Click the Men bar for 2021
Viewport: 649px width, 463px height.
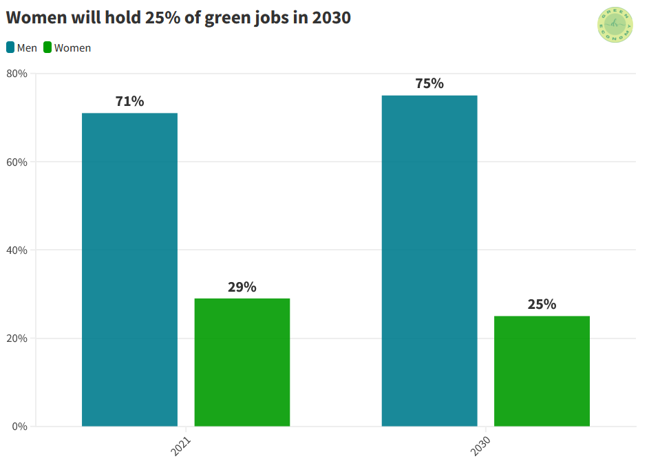click(129, 270)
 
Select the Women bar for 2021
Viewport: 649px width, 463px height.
click(242, 362)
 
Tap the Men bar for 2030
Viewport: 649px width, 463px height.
click(429, 261)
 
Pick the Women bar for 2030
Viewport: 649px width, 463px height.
click(542, 371)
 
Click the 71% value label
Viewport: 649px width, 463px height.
click(129, 102)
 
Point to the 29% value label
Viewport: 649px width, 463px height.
click(242, 287)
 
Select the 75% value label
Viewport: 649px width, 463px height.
click(429, 84)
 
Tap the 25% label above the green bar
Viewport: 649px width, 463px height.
click(542, 304)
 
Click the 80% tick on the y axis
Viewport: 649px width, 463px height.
click(17, 74)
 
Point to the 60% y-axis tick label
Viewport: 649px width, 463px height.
click(17, 162)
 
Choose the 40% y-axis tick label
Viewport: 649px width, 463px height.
click(17, 250)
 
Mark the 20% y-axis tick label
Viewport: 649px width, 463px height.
click(17, 338)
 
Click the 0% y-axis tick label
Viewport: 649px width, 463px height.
click(19, 427)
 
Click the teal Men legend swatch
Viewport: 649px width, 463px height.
click(10, 47)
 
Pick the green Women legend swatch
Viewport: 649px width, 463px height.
click(47, 47)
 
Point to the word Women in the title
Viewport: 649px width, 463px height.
click(36, 19)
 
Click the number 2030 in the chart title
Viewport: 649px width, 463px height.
click(331, 19)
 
